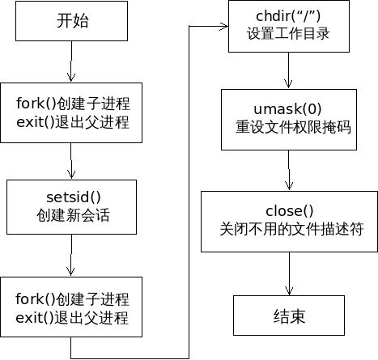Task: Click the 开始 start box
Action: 72,21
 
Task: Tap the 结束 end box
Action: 288,316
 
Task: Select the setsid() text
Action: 72,196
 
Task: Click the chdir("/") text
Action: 289,17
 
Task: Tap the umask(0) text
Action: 289,109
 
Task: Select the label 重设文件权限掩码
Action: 289,127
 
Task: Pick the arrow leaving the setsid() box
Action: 72,254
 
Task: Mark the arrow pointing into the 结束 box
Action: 289,275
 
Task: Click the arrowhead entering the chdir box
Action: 223,26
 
